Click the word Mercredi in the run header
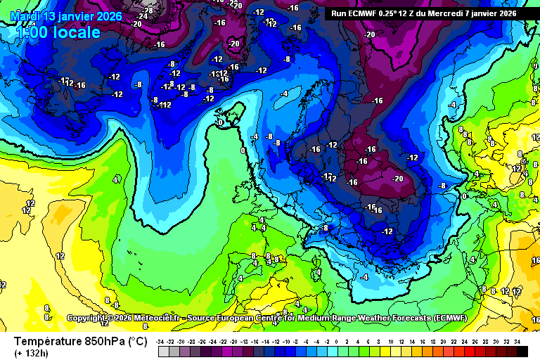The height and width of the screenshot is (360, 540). point(442,13)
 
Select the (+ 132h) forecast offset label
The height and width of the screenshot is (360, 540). point(33,354)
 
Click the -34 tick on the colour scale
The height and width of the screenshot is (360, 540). point(162,341)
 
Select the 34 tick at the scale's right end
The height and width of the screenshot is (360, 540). point(517,341)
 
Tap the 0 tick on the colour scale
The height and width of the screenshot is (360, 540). point(337,341)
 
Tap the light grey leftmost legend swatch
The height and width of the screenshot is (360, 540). point(162,351)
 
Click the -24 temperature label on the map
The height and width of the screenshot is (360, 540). point(144,15)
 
